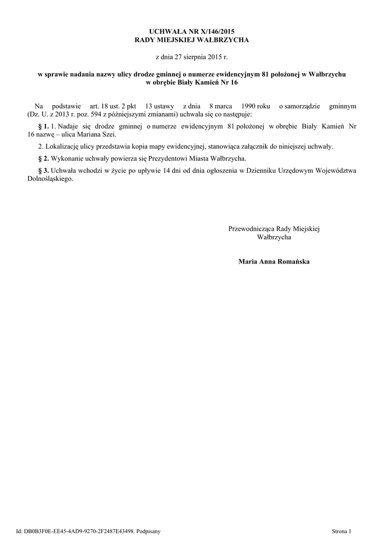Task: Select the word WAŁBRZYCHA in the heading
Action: pos(224,40)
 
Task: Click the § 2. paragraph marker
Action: pos(44,158)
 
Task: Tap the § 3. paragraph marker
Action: pos(44,171)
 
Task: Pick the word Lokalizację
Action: pos(62,146)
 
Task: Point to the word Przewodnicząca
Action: pos(252,229)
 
